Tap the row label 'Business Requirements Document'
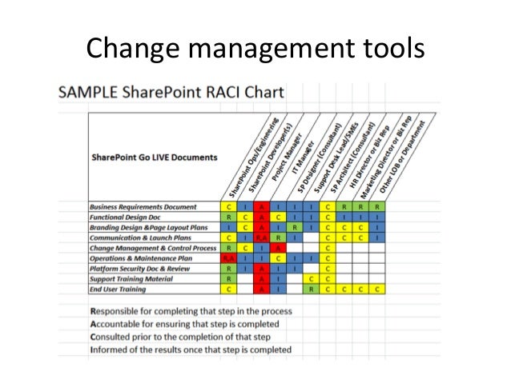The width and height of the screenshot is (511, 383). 143,207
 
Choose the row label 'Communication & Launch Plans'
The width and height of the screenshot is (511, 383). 140,237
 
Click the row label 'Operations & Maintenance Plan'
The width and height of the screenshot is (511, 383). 141,257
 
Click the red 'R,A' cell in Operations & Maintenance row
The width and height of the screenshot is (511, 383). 228,258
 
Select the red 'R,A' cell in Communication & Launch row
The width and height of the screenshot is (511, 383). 260,237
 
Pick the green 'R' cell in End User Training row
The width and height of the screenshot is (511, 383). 310,289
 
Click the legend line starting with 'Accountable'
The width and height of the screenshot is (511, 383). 184,324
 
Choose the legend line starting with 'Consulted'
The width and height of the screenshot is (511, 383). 186,337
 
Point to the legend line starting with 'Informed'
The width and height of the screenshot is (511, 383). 191,349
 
